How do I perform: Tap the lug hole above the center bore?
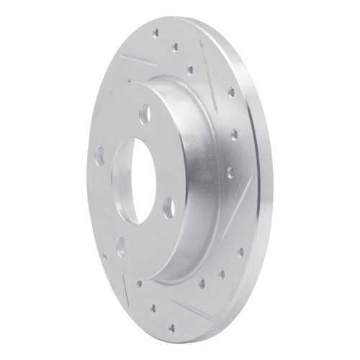click(x=144, y=113)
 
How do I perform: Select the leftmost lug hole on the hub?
click(x=99, y=155)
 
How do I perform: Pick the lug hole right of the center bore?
click(x=168, y=209)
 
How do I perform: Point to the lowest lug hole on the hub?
click(x=121, y=246)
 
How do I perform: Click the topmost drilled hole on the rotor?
click(x=156, y=32)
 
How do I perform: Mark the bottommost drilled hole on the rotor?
click(x=171, y=328)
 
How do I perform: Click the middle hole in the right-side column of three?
click(x=234, y=134)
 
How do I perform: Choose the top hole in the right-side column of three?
click(x=231, y=92)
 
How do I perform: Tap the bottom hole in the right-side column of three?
click(x=230, y=173)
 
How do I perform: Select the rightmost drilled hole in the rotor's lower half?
click(x=240, y=251)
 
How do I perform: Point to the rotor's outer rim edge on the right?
click(x=265, y=180)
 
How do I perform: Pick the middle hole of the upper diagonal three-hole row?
click(x=174, y=47)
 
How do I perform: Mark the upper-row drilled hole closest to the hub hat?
click(x=190, y=70)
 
